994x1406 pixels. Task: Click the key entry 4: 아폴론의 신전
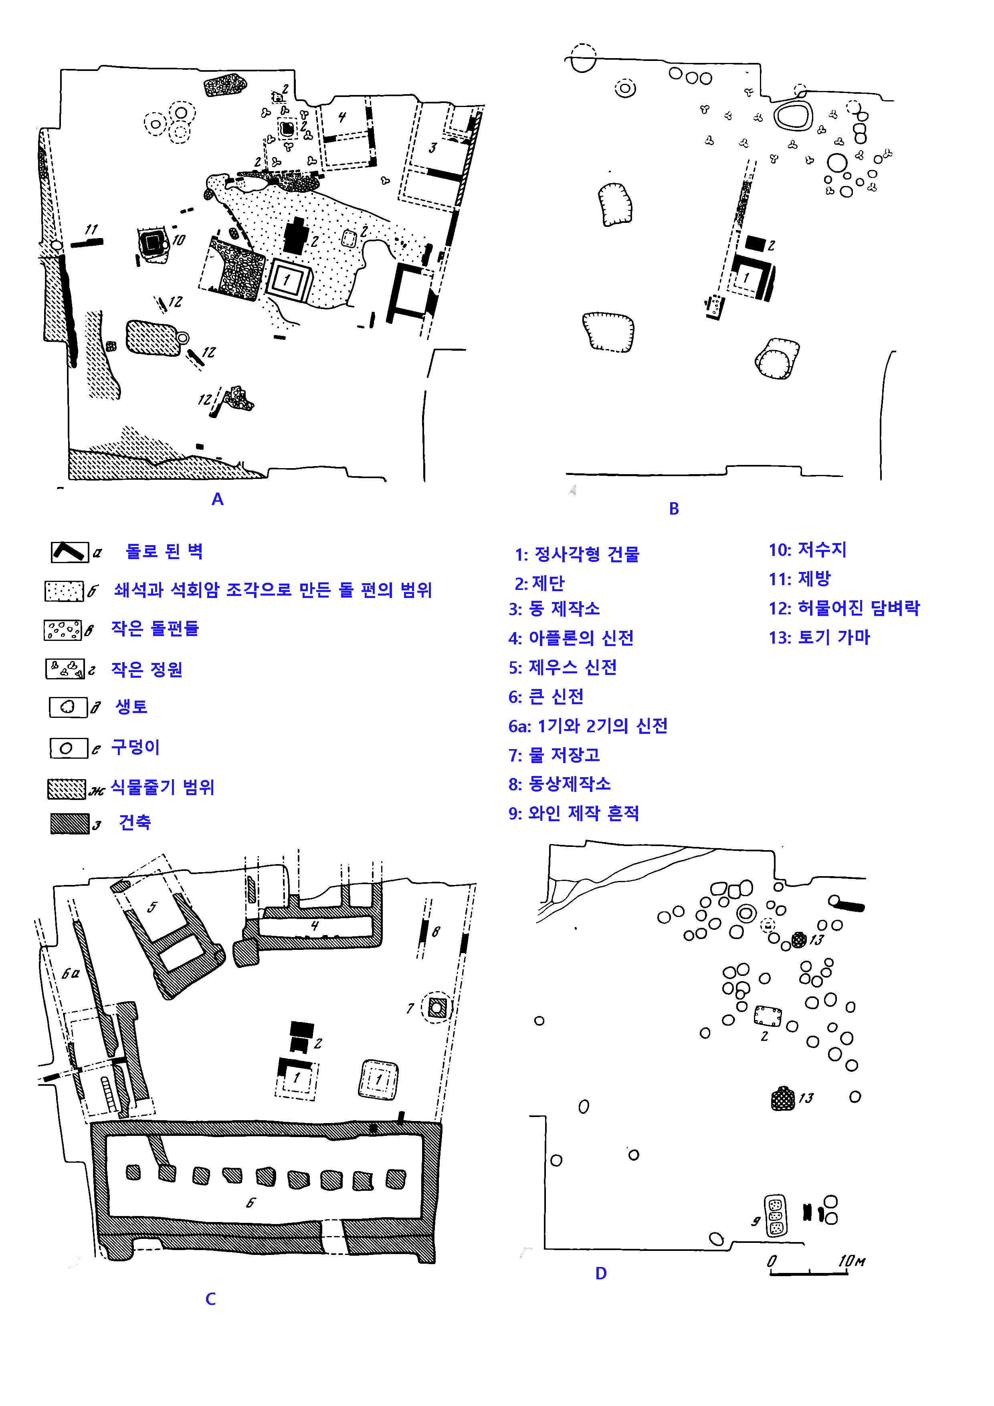571,638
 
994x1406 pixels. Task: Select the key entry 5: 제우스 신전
562,667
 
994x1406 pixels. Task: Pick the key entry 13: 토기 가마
819,638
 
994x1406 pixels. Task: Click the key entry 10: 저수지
807,549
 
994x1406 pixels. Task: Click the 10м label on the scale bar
851,1261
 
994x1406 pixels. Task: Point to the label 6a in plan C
71,973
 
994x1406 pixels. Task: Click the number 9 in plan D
756,1221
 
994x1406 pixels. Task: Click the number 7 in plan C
410,1008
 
